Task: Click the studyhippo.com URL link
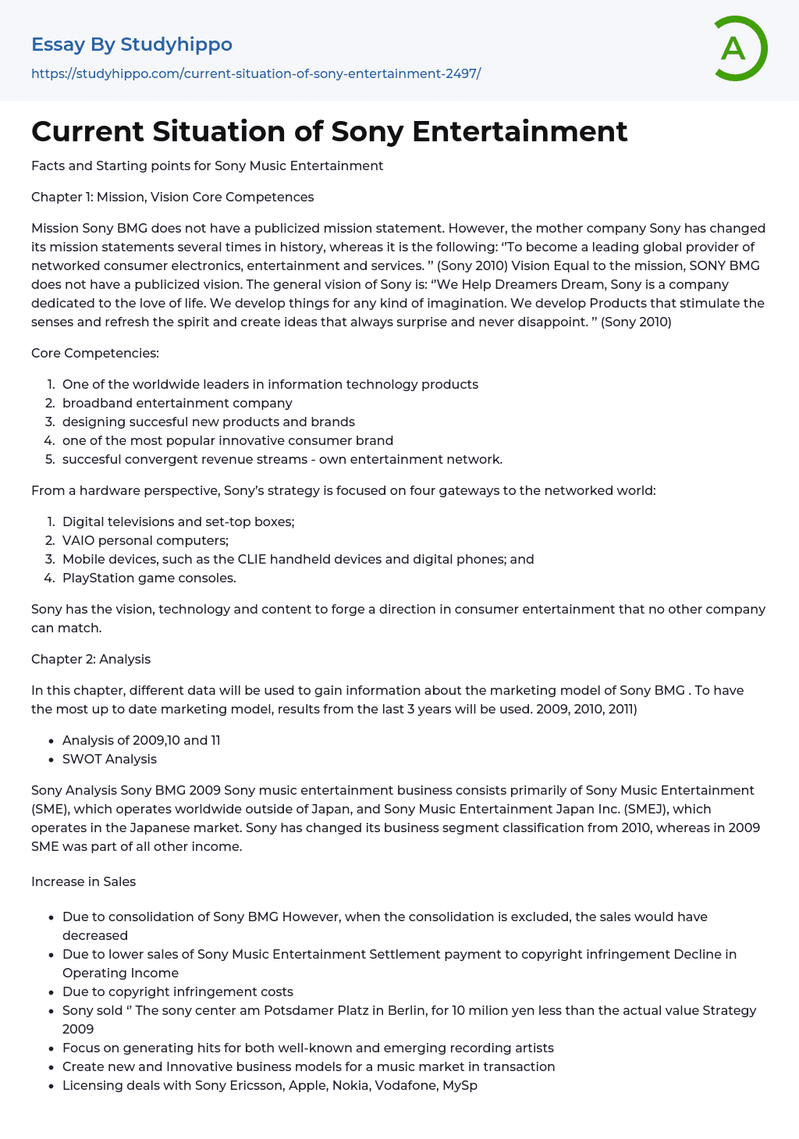[x=256, y=73]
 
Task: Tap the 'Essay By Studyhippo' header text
[x=132, y=44]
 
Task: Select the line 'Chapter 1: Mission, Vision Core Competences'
[x=172, y=197]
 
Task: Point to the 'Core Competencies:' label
[x=95, y=353]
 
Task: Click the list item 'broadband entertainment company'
[x=177, y=403]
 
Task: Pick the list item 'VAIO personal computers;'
[x=145, y=540]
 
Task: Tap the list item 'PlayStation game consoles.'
[x=149, y=578]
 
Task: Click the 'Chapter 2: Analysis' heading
[x=91, y=659]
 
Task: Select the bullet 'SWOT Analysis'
[x=109, y=759]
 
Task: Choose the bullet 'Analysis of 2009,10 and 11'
[x=141, y=740]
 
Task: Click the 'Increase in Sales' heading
[x=83, y=881]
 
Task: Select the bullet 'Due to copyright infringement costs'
[x=178, y=991]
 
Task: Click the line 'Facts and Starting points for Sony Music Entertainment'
[x=208, y=166]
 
